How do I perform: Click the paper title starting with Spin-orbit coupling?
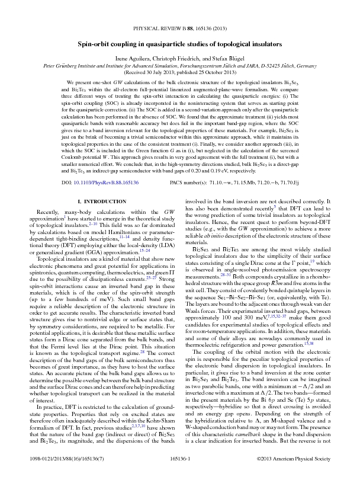(x=180, y=43)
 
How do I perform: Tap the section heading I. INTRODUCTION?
(x=101, y=185)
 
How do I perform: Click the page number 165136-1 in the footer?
(x=180, y=459)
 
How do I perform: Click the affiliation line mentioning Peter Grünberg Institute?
(x=180, y=66)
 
